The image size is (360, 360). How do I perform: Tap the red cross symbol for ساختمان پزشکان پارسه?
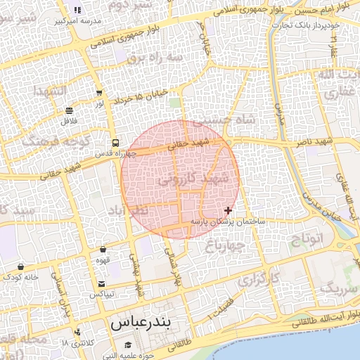(x=228, y=210)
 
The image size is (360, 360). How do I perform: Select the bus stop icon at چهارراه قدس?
(x=115, y=143)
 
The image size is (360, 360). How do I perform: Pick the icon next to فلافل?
(x=69, y=111)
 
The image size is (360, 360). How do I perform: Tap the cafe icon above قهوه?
(x=103, y=249)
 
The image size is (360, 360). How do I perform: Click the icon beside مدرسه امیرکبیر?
(x=77, y=10)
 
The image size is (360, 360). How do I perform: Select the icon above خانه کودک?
(x=21, y=267)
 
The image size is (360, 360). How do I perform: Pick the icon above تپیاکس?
(x=102, y=283)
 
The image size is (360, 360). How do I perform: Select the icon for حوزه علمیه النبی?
(x=128, y=345)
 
